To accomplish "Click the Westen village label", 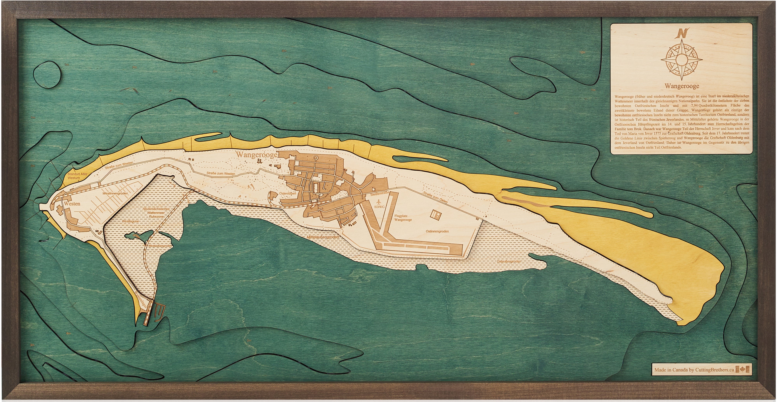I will [72, 204].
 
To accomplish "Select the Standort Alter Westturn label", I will [74, 176].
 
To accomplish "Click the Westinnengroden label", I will [115, 194].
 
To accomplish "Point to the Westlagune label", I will [130, 221].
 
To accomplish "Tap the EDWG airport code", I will [379, 207].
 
